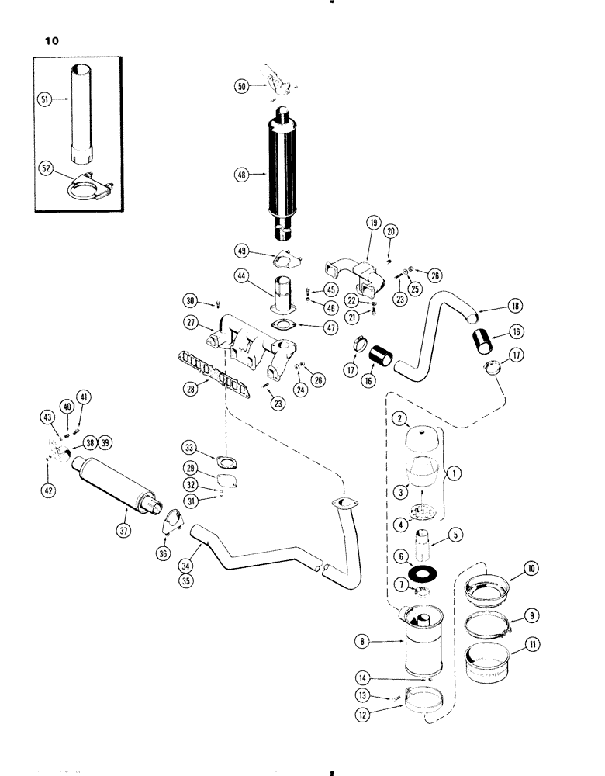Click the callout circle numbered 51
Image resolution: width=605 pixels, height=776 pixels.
click(46, 99)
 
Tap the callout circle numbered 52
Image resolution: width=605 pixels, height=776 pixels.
click(46, 167)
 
